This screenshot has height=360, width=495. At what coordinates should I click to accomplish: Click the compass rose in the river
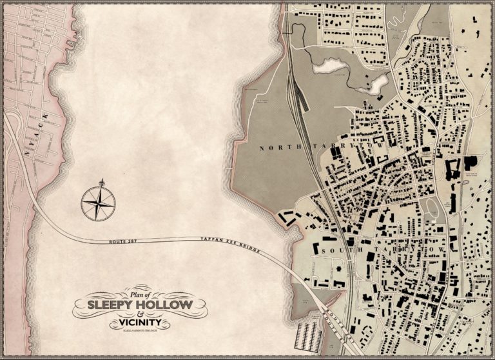tap(98, 201)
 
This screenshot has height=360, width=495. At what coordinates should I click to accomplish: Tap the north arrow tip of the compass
tap(101, 180)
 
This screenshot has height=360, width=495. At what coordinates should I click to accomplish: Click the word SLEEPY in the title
tap(110, 303)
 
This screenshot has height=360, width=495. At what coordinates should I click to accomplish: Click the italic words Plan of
tap(138, 291)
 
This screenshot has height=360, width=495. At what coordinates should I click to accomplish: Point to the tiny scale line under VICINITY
tap(138, 331)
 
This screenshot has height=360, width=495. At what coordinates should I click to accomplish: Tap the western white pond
tap(328, 65)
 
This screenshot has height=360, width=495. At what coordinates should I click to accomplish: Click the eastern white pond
tap(378, 83)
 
